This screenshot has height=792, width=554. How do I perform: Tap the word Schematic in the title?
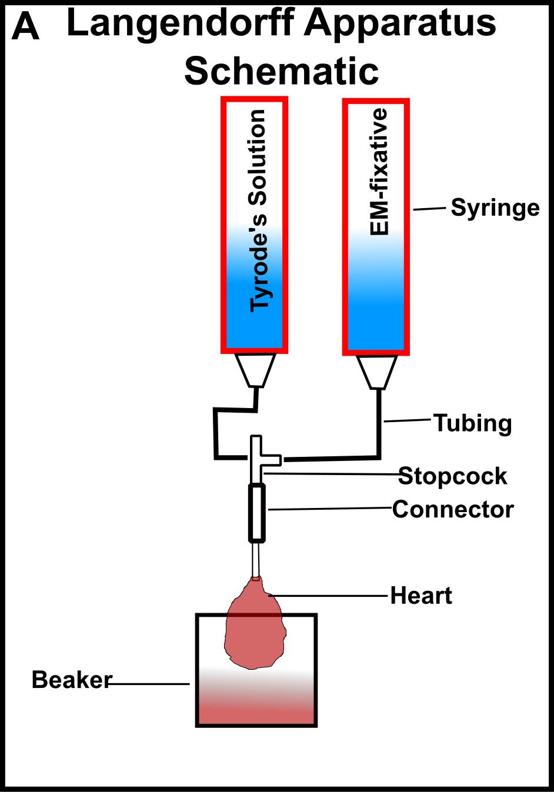click(281, 71)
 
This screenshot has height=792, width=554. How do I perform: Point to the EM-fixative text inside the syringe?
click(380, 172)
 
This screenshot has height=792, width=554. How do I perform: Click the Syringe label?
click(495, 208)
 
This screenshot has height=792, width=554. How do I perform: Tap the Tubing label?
click(472, 423)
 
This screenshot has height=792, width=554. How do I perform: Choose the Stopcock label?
click(452, 476)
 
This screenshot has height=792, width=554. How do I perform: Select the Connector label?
click(453, 509)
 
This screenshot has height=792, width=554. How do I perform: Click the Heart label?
click(421, 596)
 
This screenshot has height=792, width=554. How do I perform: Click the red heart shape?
click(255, 629)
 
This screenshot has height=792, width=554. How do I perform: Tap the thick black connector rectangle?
click(256, 512)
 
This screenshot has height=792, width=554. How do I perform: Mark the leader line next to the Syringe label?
click(429, 209)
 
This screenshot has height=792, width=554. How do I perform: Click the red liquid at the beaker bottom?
click(256, 709)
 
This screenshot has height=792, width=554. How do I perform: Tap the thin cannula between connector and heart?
click(255, 559)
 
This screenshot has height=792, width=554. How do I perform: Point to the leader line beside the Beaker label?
click(150, 684)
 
